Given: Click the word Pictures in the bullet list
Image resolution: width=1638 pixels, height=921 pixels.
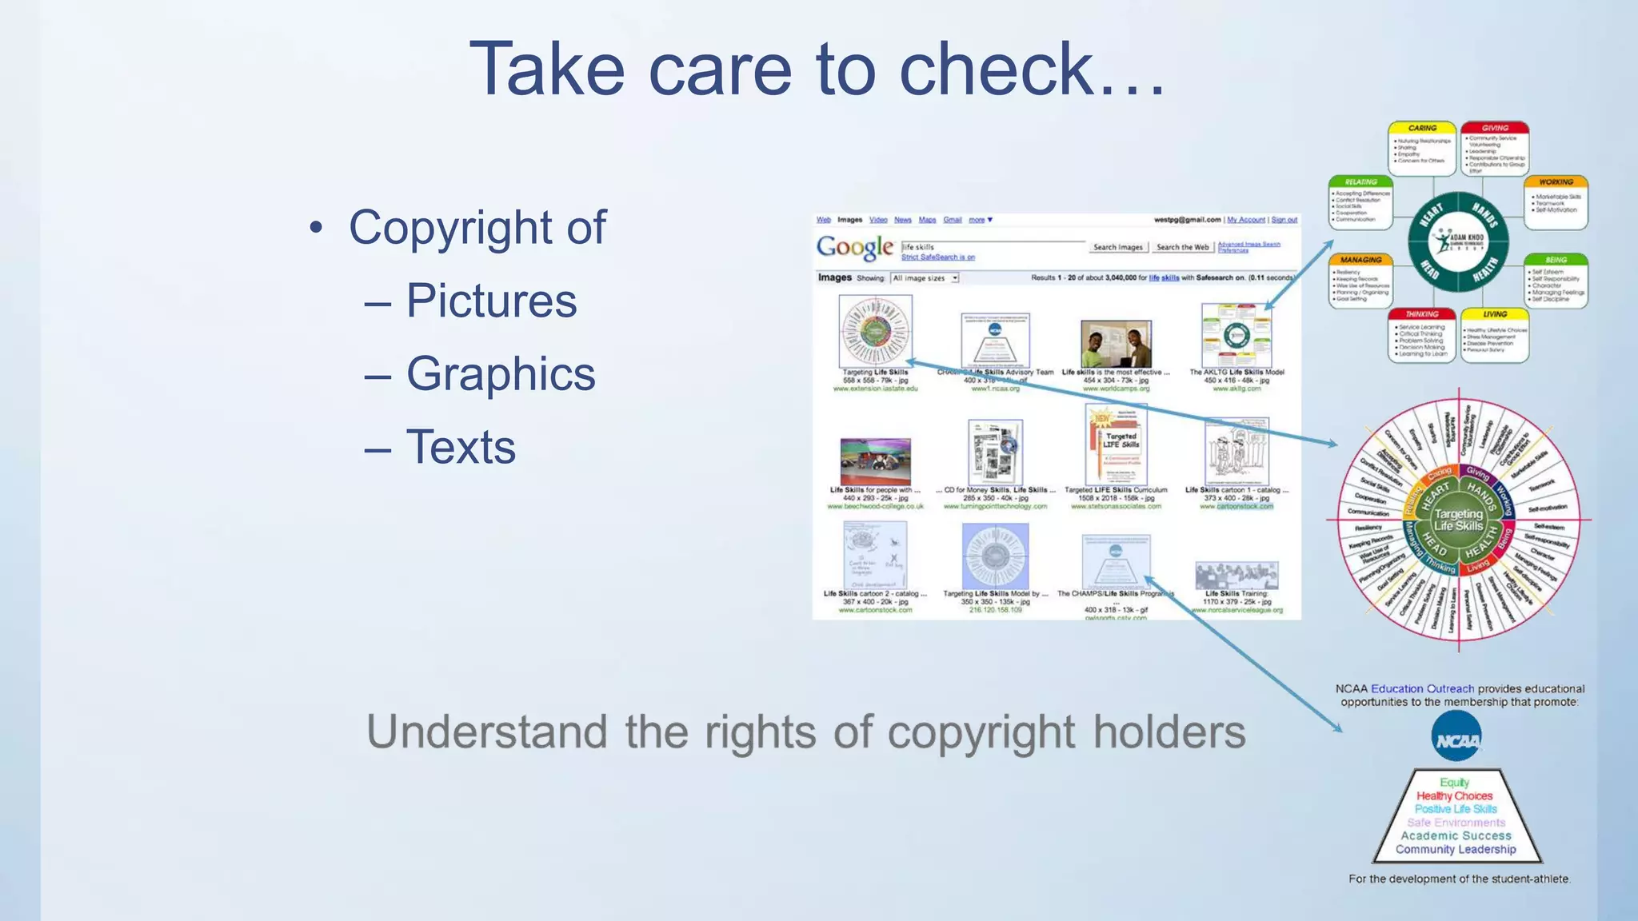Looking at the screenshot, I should (491, 301).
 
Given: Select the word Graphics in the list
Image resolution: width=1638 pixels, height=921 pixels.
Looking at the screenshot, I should (501, 374).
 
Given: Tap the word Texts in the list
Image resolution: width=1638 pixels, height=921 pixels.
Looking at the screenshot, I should (461, 447).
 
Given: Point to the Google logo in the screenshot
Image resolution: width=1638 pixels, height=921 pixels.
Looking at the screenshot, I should (854, 248).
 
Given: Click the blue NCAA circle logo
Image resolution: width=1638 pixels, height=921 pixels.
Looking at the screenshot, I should (1456, 737).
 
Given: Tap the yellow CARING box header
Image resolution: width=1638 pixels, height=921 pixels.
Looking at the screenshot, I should (1422, 128).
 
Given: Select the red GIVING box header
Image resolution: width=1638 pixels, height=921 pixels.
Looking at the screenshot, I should (1495, 128).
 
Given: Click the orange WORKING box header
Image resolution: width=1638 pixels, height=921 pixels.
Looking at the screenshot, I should (1556, 182).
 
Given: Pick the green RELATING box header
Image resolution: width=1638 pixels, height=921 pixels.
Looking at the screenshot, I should (1360, 182).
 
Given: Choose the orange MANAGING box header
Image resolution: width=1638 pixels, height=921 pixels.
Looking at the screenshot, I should (1360, 260).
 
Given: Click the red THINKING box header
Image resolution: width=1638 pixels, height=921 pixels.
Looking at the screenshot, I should (1422, 314).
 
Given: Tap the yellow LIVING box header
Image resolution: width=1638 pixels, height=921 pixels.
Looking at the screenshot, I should (1495, 314).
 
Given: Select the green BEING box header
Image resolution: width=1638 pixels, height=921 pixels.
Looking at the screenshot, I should (1556, 260).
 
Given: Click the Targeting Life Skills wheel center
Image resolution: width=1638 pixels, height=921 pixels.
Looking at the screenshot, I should (1458, 520).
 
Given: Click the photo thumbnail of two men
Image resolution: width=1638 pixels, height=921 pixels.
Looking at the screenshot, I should (1116, 345).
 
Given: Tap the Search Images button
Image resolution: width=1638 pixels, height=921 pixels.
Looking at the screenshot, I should (1118, 247).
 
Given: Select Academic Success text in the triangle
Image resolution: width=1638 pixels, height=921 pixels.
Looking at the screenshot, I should (1456, 835).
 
